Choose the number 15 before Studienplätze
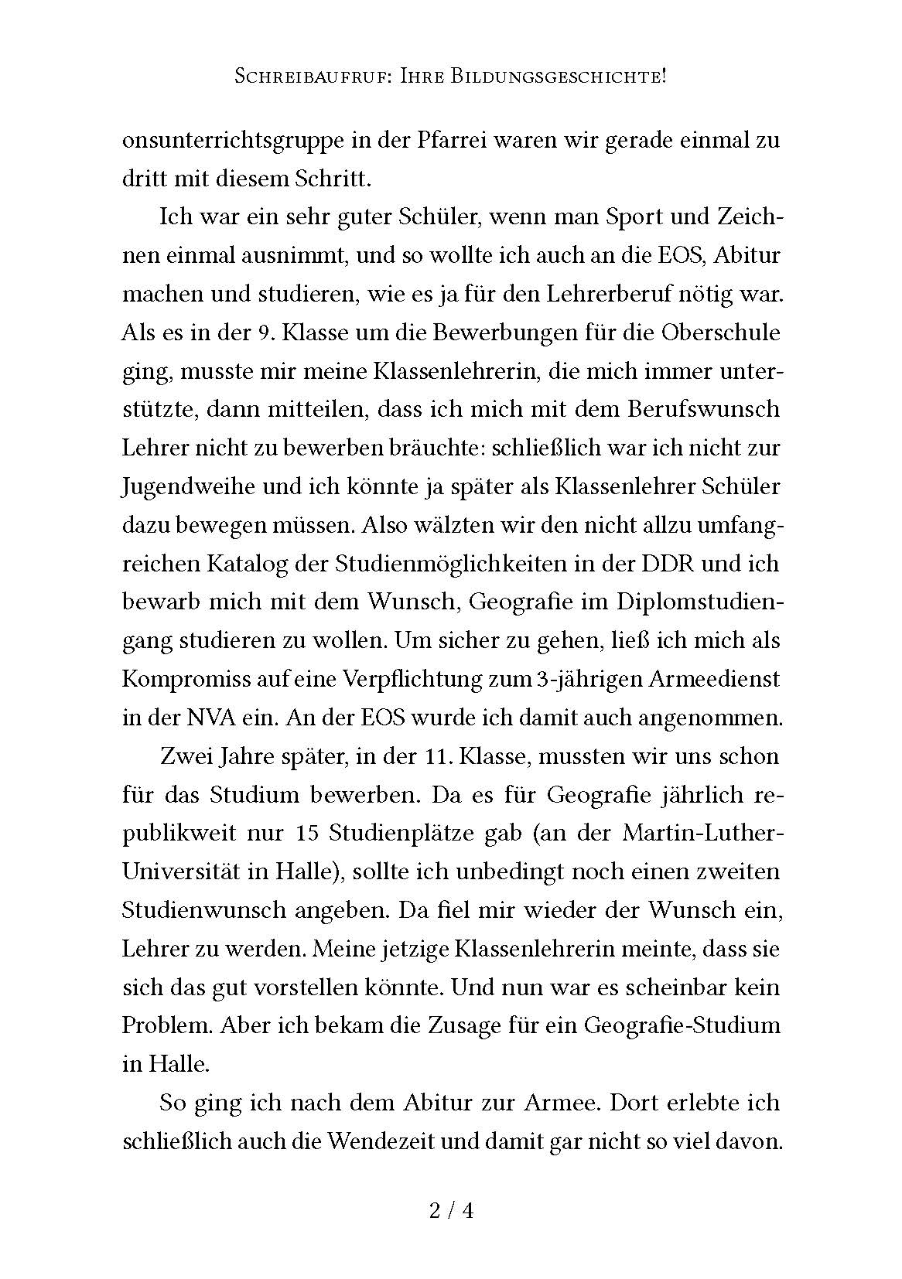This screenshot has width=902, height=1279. (x=307, y=833)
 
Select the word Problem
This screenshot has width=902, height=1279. (x=166, y=1026)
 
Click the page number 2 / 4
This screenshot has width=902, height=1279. (x=450, y=1210)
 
